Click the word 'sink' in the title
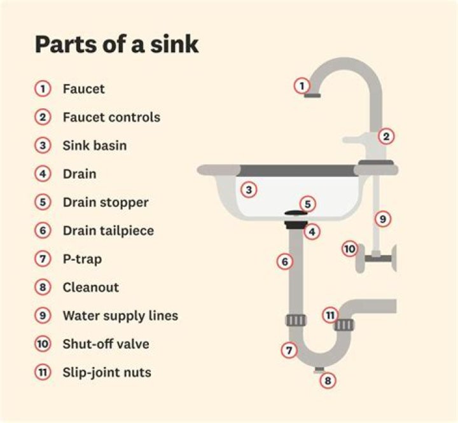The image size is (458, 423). click(x=174, y=45)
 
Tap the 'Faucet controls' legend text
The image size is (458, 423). click(x=111, y=117)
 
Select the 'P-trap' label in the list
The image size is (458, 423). click(x=82, y=259)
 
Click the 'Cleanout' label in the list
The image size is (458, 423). click(x=91, y=288)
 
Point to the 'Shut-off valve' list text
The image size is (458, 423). click(x=106, y=344)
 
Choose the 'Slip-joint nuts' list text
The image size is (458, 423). click(x=107, y=373)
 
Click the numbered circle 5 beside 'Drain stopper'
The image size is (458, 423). click(x=43, y=202)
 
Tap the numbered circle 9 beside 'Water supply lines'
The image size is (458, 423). click(x=43, y=316)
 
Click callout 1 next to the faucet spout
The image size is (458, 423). click(x=302, y=86)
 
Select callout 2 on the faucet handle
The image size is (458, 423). click(x=386, y=136)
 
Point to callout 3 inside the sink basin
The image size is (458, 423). click(x=249, y=190)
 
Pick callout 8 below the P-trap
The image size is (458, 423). click(x=328, y=380)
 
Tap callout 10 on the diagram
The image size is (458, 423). click(x=350, y=249)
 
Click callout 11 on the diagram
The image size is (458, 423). click(x=330, y=316)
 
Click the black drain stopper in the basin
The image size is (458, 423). click(x=296, y=213)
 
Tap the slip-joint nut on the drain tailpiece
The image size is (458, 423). click(x=296, y=321)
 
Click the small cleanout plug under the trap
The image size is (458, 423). click(x=319, y=370)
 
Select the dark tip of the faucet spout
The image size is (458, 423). click(x=312, y=95)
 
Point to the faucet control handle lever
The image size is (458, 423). click(x=355, y=140)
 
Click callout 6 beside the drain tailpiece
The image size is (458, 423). click(x=285, y=261)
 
